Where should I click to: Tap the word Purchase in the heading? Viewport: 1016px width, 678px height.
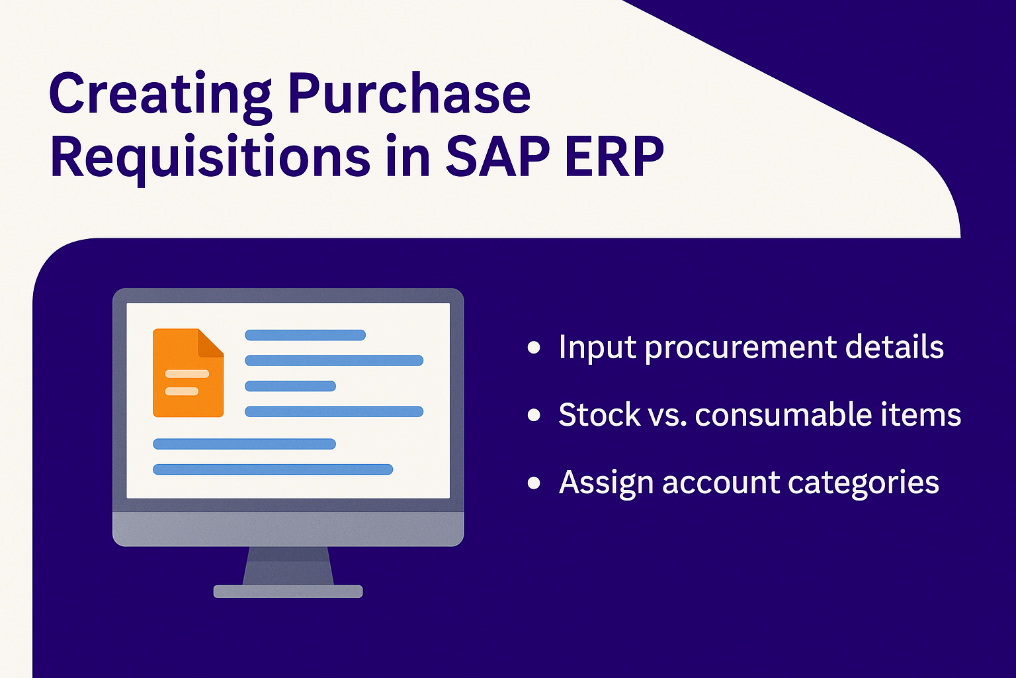409,93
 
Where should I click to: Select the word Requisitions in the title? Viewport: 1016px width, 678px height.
210,157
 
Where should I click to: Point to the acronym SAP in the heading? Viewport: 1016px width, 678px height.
497,156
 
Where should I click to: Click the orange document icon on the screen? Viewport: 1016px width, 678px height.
189,372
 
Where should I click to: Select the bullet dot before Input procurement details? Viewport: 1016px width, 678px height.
534,348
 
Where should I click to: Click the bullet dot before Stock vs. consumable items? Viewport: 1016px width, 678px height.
534,415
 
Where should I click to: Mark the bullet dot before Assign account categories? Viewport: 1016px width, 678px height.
534,483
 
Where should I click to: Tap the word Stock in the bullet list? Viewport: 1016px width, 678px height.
600,414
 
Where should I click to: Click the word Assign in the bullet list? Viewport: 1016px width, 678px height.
606,483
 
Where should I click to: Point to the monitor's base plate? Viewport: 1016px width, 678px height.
288,591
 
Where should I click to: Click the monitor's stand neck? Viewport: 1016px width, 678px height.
288,566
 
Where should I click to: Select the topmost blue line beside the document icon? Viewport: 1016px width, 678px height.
305,335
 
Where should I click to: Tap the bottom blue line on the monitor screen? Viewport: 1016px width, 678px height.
273,469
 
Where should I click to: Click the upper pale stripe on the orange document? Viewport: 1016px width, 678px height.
187,373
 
